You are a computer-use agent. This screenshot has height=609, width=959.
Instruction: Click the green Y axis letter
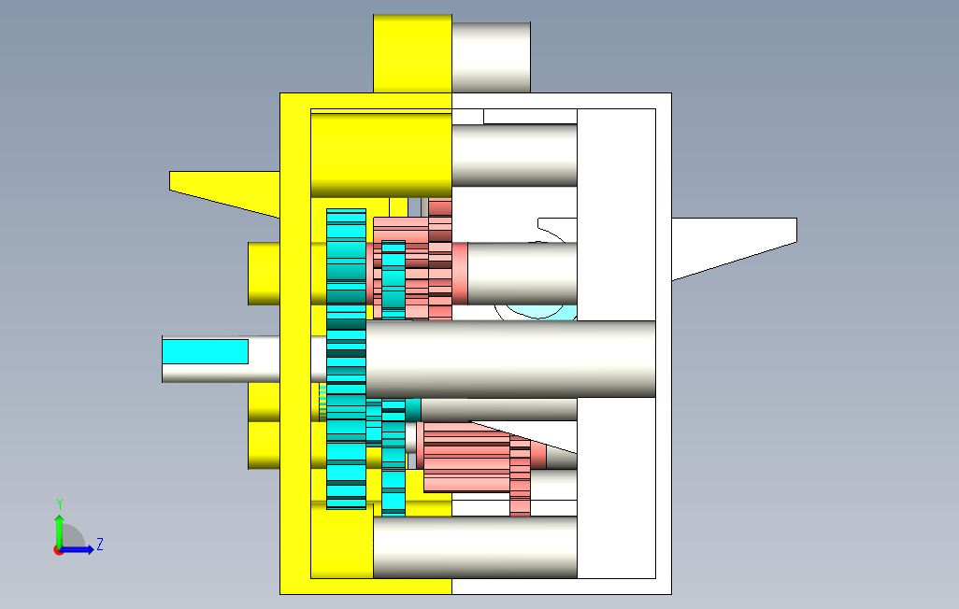pyautogui.click(x=59, y=504)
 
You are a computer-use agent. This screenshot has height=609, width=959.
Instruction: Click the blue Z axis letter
pyautogui.click(x=100, y=545)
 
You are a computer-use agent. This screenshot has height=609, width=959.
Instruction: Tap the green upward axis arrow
pyautogui.click(x=59, y=531)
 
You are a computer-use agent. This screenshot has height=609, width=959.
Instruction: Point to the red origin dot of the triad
pyautogui.click(x=59, y=550)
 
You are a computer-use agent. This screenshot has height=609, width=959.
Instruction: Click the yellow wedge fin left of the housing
pyautogui.click(x=224, y=191)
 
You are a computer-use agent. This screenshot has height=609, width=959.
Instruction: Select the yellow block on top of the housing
pyautogui.click(x=413, y=54)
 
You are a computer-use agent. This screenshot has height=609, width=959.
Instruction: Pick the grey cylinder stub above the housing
pyautogui.click(x=491, y=58)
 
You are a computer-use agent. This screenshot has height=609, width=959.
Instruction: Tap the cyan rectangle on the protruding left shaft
pyautogui.click(x=205, y=351)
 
